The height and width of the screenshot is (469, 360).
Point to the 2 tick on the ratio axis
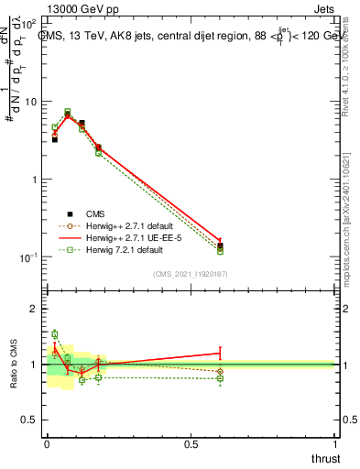34,309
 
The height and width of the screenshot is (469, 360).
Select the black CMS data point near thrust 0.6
220,245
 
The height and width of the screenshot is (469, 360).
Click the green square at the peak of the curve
68,111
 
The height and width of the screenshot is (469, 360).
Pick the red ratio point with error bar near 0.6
220,353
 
